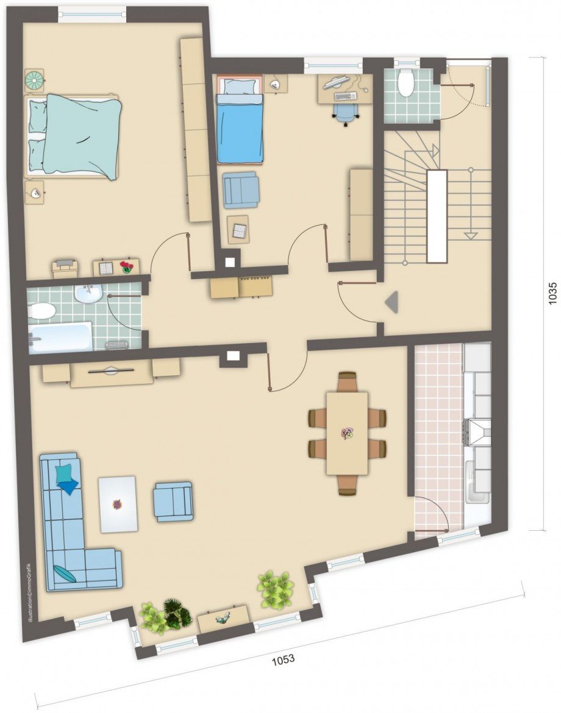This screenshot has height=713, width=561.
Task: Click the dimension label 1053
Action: [284, 658]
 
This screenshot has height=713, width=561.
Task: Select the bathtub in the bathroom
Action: [60, 338]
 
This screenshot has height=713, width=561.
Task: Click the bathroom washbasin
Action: [88, 294]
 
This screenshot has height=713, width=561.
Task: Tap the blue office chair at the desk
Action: [346, 113]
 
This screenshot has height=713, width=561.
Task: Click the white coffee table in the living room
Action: [118, 503]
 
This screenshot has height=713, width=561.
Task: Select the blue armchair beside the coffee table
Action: [174, 501]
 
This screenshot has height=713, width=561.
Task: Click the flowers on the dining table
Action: [347, 433]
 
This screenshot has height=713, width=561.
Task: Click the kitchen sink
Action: [477, 481]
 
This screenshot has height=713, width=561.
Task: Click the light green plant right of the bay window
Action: [274, 590]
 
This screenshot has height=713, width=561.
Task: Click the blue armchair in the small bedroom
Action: [240, 189]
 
